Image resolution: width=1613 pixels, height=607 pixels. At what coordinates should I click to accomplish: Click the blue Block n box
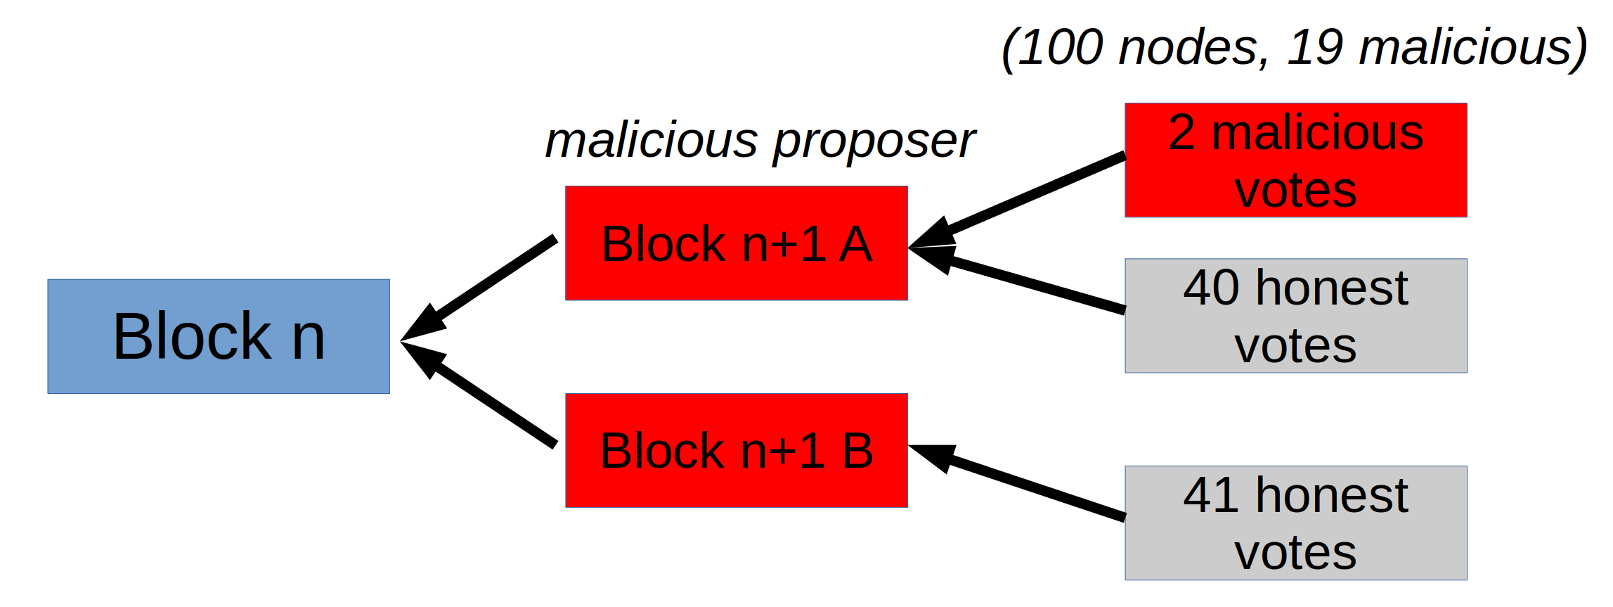[x=218, y=336]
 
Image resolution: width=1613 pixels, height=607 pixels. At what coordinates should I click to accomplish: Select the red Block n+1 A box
[x=736, y=243]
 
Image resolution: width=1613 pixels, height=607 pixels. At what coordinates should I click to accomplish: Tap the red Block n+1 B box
[x=736, y=450]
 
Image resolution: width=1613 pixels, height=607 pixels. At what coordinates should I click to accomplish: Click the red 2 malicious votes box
[x=1295, y=160]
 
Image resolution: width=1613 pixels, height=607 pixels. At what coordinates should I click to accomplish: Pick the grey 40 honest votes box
[x=1295, y=316]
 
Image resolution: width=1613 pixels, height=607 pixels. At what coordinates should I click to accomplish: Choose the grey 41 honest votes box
[x=1295, y=523]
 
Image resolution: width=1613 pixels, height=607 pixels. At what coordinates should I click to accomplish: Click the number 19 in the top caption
[x=1314, y=48]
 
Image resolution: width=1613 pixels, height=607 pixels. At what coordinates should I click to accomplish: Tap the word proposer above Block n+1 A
[x=874, y=141]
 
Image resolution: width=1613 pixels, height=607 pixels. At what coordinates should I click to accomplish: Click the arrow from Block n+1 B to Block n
[x=485, y=397]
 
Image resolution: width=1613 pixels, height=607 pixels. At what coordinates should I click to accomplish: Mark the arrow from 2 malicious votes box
[x=1026, y=197]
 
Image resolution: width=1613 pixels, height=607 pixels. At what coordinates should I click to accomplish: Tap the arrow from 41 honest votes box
[x=1026, y=485]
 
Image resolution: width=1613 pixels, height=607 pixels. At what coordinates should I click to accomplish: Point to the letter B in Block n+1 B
[x=857, y=451]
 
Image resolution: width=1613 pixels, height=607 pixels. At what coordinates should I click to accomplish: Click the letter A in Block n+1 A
[x=855, y=244]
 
